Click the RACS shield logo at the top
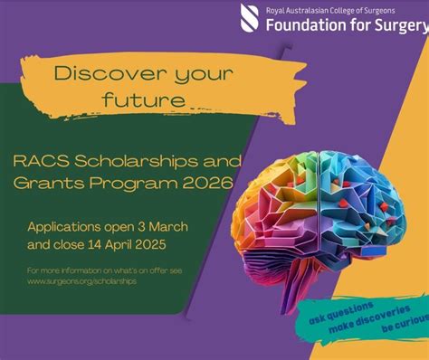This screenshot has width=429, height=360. pyautogui.click(x=251, y=17)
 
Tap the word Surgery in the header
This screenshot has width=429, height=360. pyautogui.click(x=396, y=24)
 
